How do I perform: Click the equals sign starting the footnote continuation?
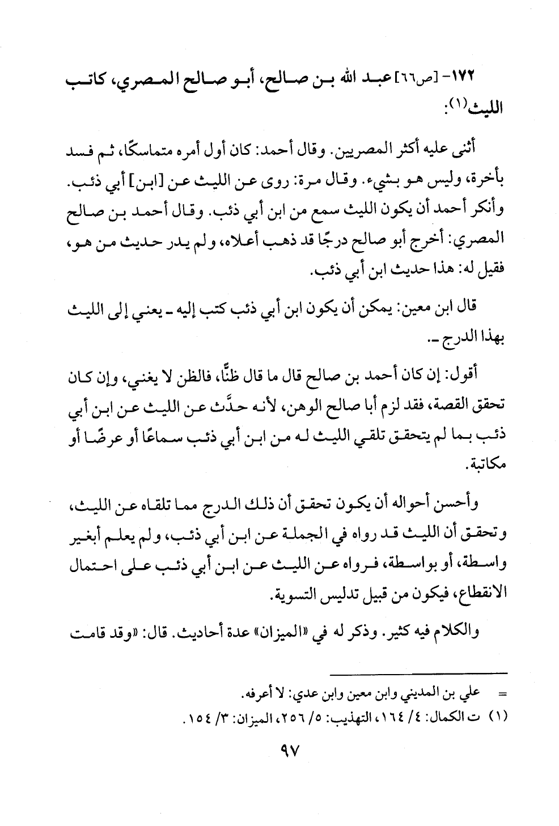point(501,693)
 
